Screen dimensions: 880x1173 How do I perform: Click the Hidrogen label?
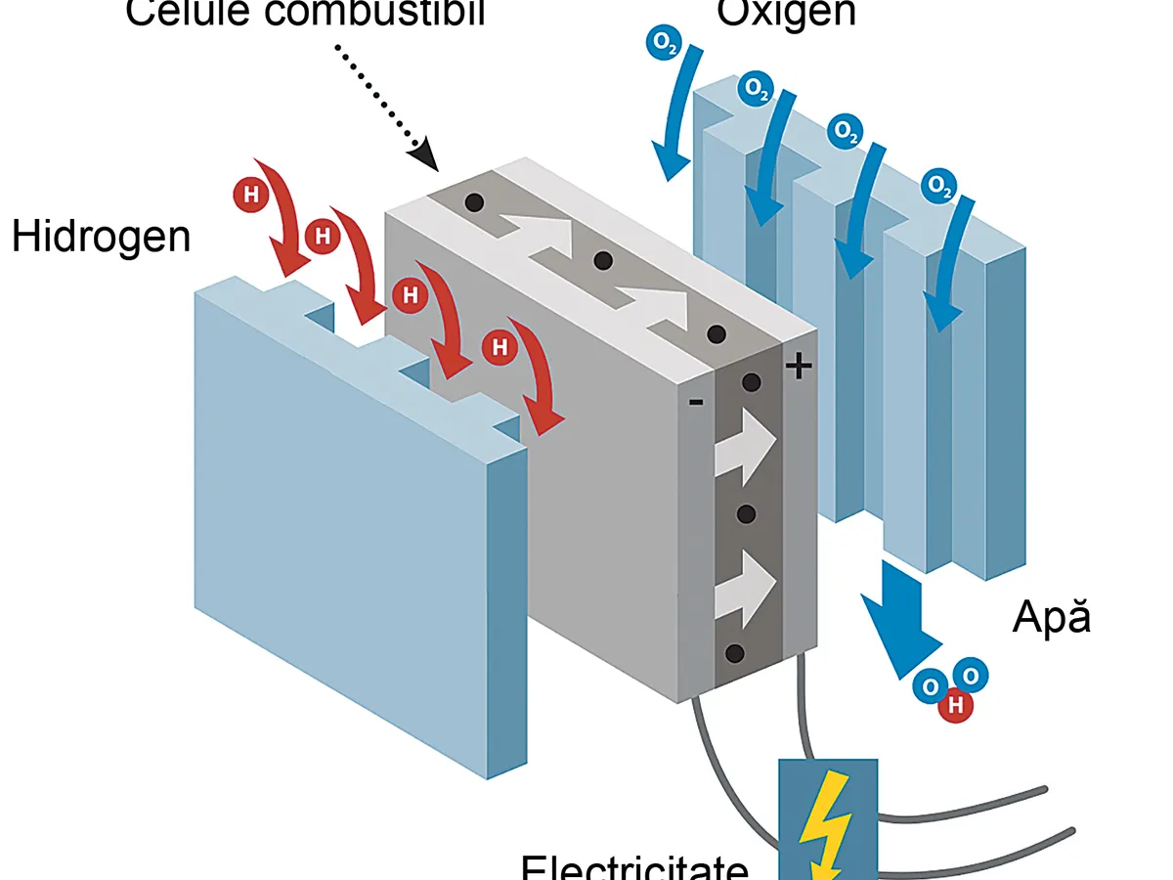point(101,237)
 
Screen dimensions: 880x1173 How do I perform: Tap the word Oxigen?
point(786,12)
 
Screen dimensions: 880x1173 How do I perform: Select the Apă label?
point(1051,619)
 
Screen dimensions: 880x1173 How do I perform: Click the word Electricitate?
point(634,867)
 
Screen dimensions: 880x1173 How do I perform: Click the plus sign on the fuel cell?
point(799,367)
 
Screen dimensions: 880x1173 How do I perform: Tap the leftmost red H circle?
point(251,194)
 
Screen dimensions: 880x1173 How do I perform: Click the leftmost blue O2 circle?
point(662,43)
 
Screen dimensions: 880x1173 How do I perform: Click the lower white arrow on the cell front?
point(746,585)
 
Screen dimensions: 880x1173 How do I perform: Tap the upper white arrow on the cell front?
point(746,446)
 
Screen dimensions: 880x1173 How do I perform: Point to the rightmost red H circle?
point(500,345)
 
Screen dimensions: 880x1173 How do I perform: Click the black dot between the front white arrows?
point(748,514)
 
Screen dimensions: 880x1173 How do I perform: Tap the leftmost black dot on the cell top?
point(474,203)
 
